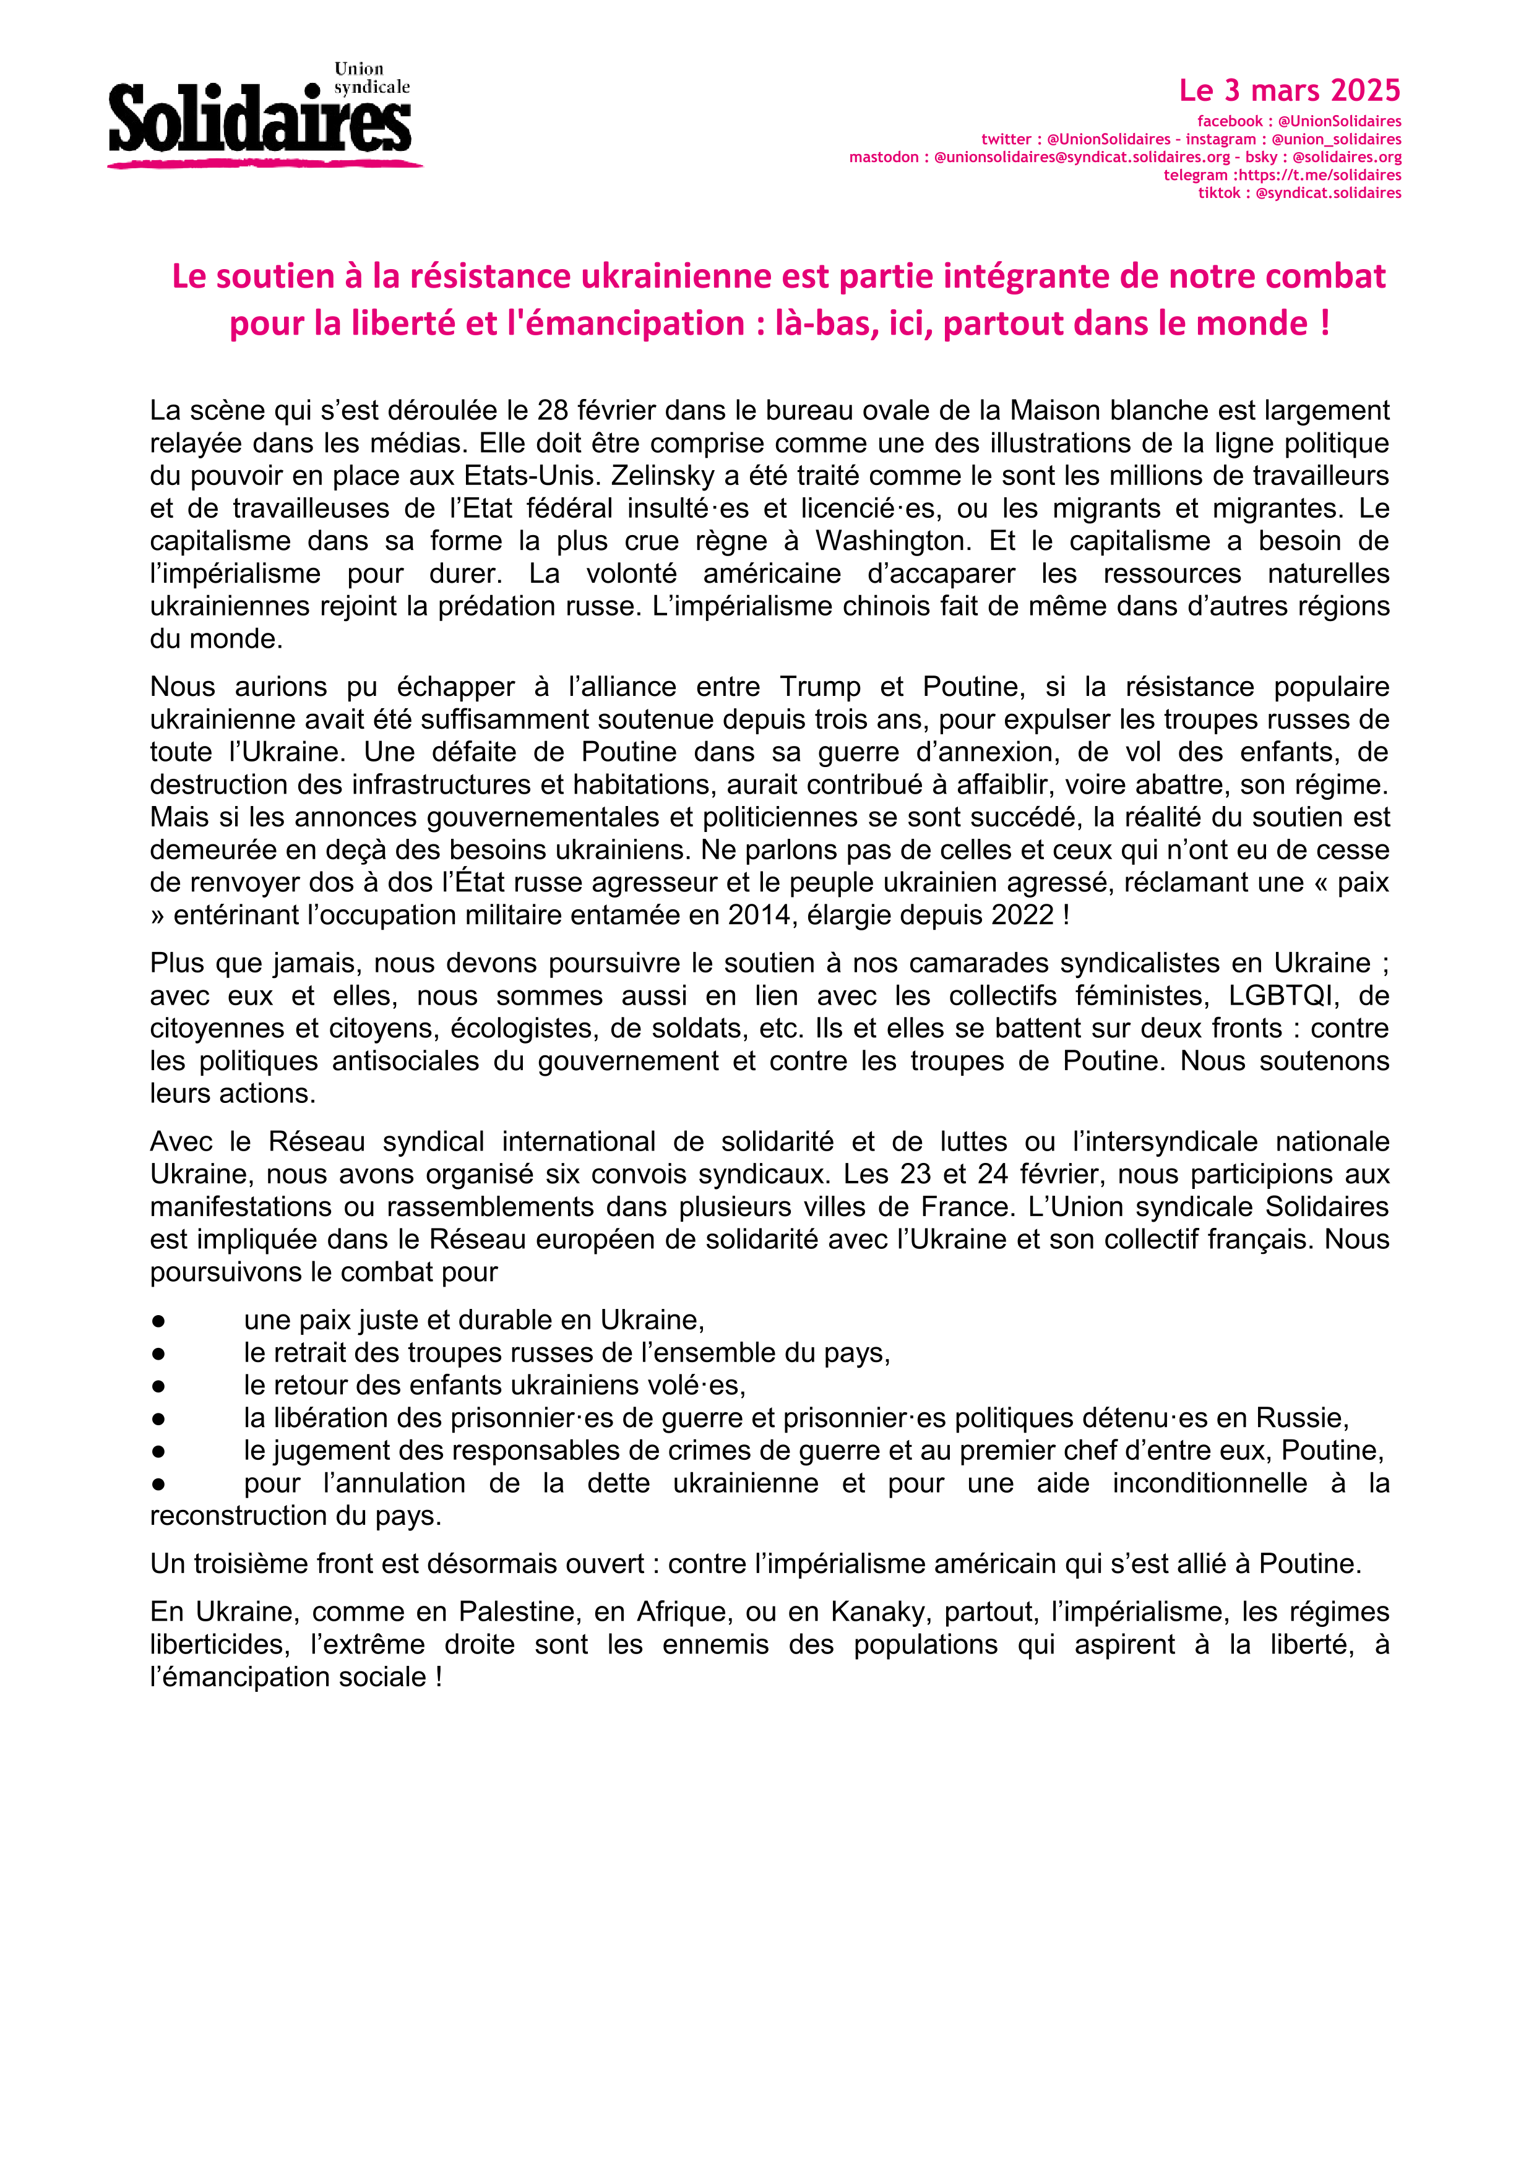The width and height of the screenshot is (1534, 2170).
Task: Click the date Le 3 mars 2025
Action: (x=1289, y=91)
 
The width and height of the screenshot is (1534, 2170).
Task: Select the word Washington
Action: (x=891, y=541)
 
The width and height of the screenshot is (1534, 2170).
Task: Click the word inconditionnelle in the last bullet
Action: (x=1209, y=1483)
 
